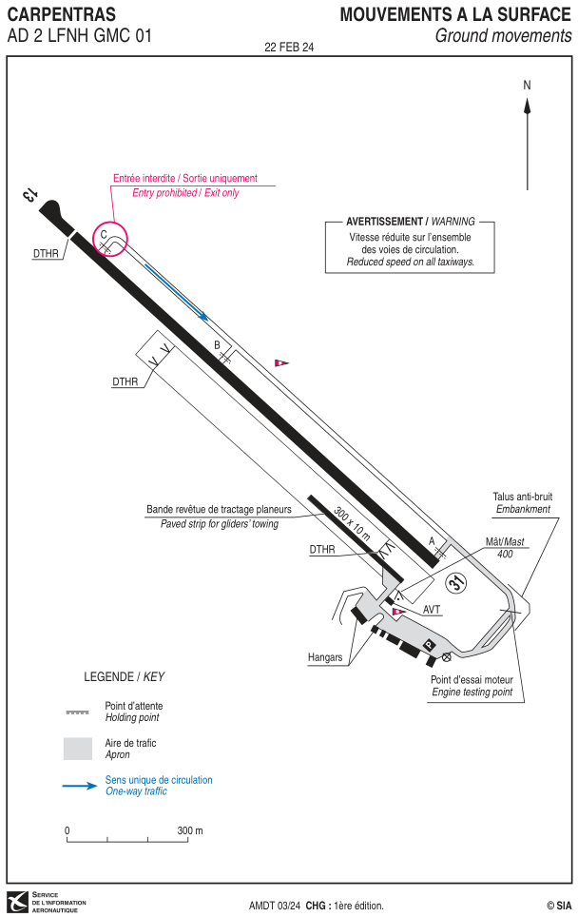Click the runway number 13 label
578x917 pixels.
coord(29,194)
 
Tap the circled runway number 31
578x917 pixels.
coord(456,582)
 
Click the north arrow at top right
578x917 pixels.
coord(528,144)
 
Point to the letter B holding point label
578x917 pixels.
coord(218,345)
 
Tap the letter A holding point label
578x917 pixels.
coord(433,541)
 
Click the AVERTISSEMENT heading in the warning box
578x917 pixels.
coord(385,222)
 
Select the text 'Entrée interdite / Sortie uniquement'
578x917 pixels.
coord(185,179)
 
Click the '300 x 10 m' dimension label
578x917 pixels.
coord(352,523)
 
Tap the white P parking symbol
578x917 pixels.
coord(430,645)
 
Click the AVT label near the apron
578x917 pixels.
coord(432,610)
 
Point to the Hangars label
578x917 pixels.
coord(325,657)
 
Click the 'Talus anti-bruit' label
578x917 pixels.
coord(523,497)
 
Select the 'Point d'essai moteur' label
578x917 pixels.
coord(472,679)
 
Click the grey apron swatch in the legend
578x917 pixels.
coord(78,749)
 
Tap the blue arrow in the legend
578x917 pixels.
coord(80,786)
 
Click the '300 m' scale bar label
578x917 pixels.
coord(190,830)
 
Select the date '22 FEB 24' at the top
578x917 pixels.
coord(289,48)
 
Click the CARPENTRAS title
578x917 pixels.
coord(62,14)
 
